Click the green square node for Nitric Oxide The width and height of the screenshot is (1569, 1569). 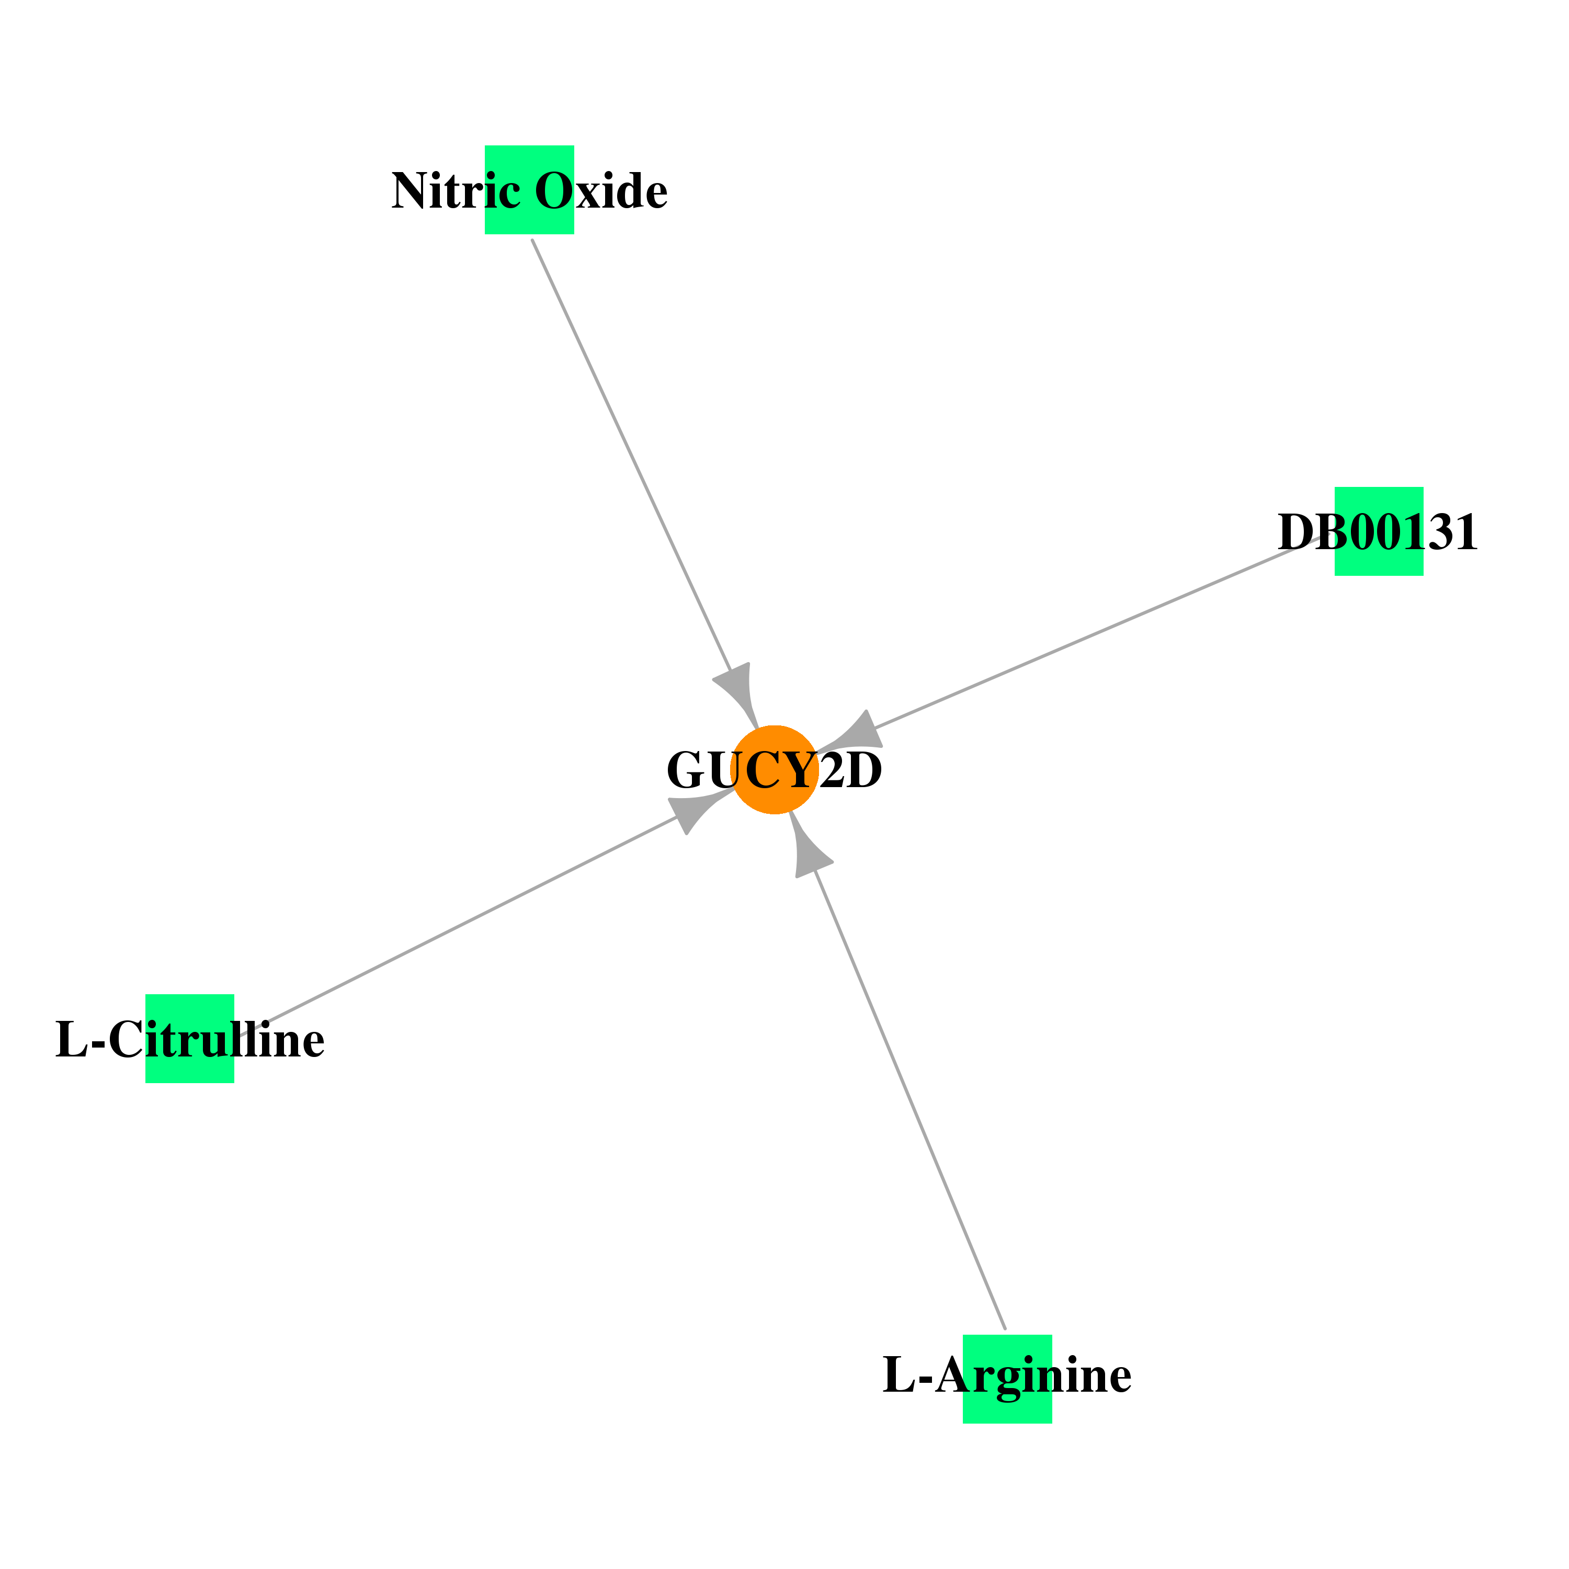pos(529,189)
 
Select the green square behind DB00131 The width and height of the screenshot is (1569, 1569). pos(1379,531)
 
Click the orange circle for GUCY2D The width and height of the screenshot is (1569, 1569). pos(774,769)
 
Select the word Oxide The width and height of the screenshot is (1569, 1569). pos(601,191)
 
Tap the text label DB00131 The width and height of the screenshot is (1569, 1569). pos(1378,533)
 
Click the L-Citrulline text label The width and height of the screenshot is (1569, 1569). pos(190,1040)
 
